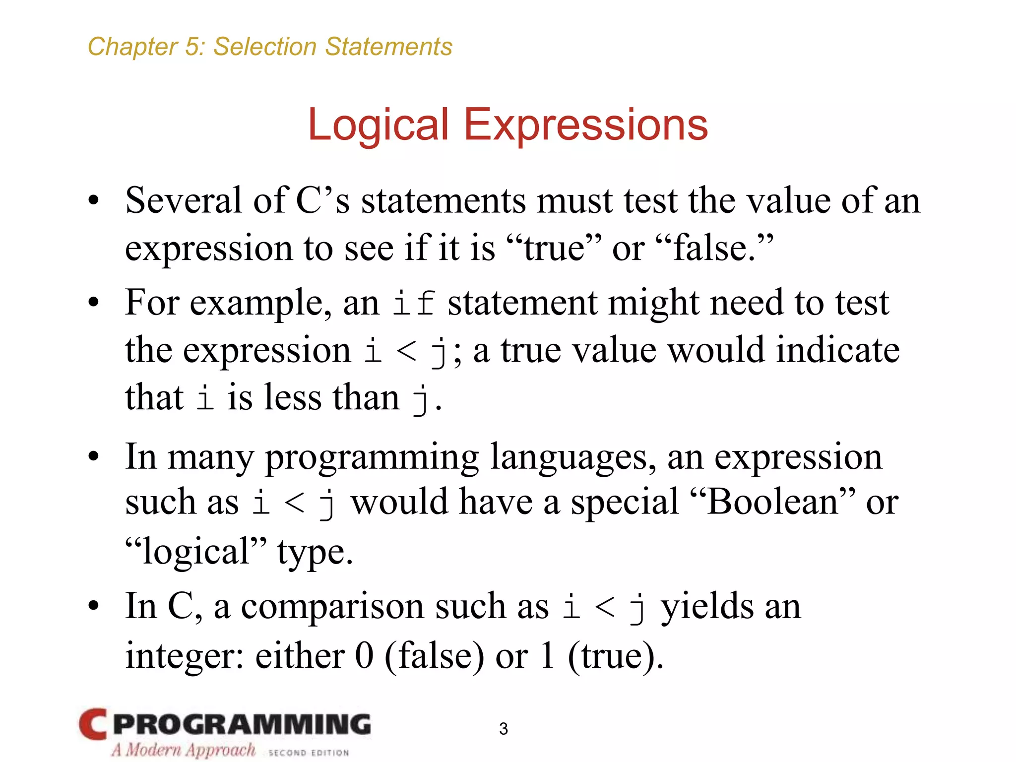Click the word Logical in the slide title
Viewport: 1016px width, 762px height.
[x=378, y=125]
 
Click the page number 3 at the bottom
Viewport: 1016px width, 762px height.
[x=504, y=729]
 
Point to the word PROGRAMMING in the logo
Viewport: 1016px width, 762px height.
[x=242, y=724]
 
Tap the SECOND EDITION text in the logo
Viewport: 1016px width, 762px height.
[x=309, y=753]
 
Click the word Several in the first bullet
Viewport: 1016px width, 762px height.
[x=184, y=200]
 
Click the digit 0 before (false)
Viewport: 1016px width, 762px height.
[x=364, y=656]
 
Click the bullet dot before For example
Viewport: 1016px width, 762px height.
[x=94, y=302]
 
